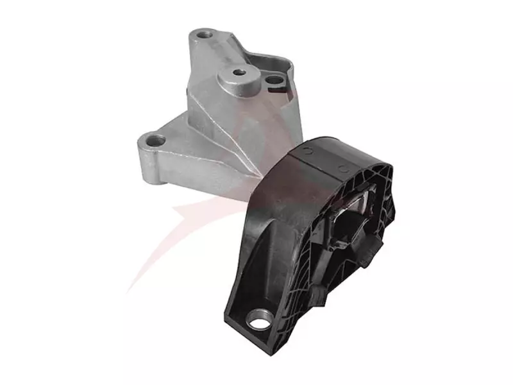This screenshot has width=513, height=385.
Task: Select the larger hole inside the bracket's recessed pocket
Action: (x=274, y=80)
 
